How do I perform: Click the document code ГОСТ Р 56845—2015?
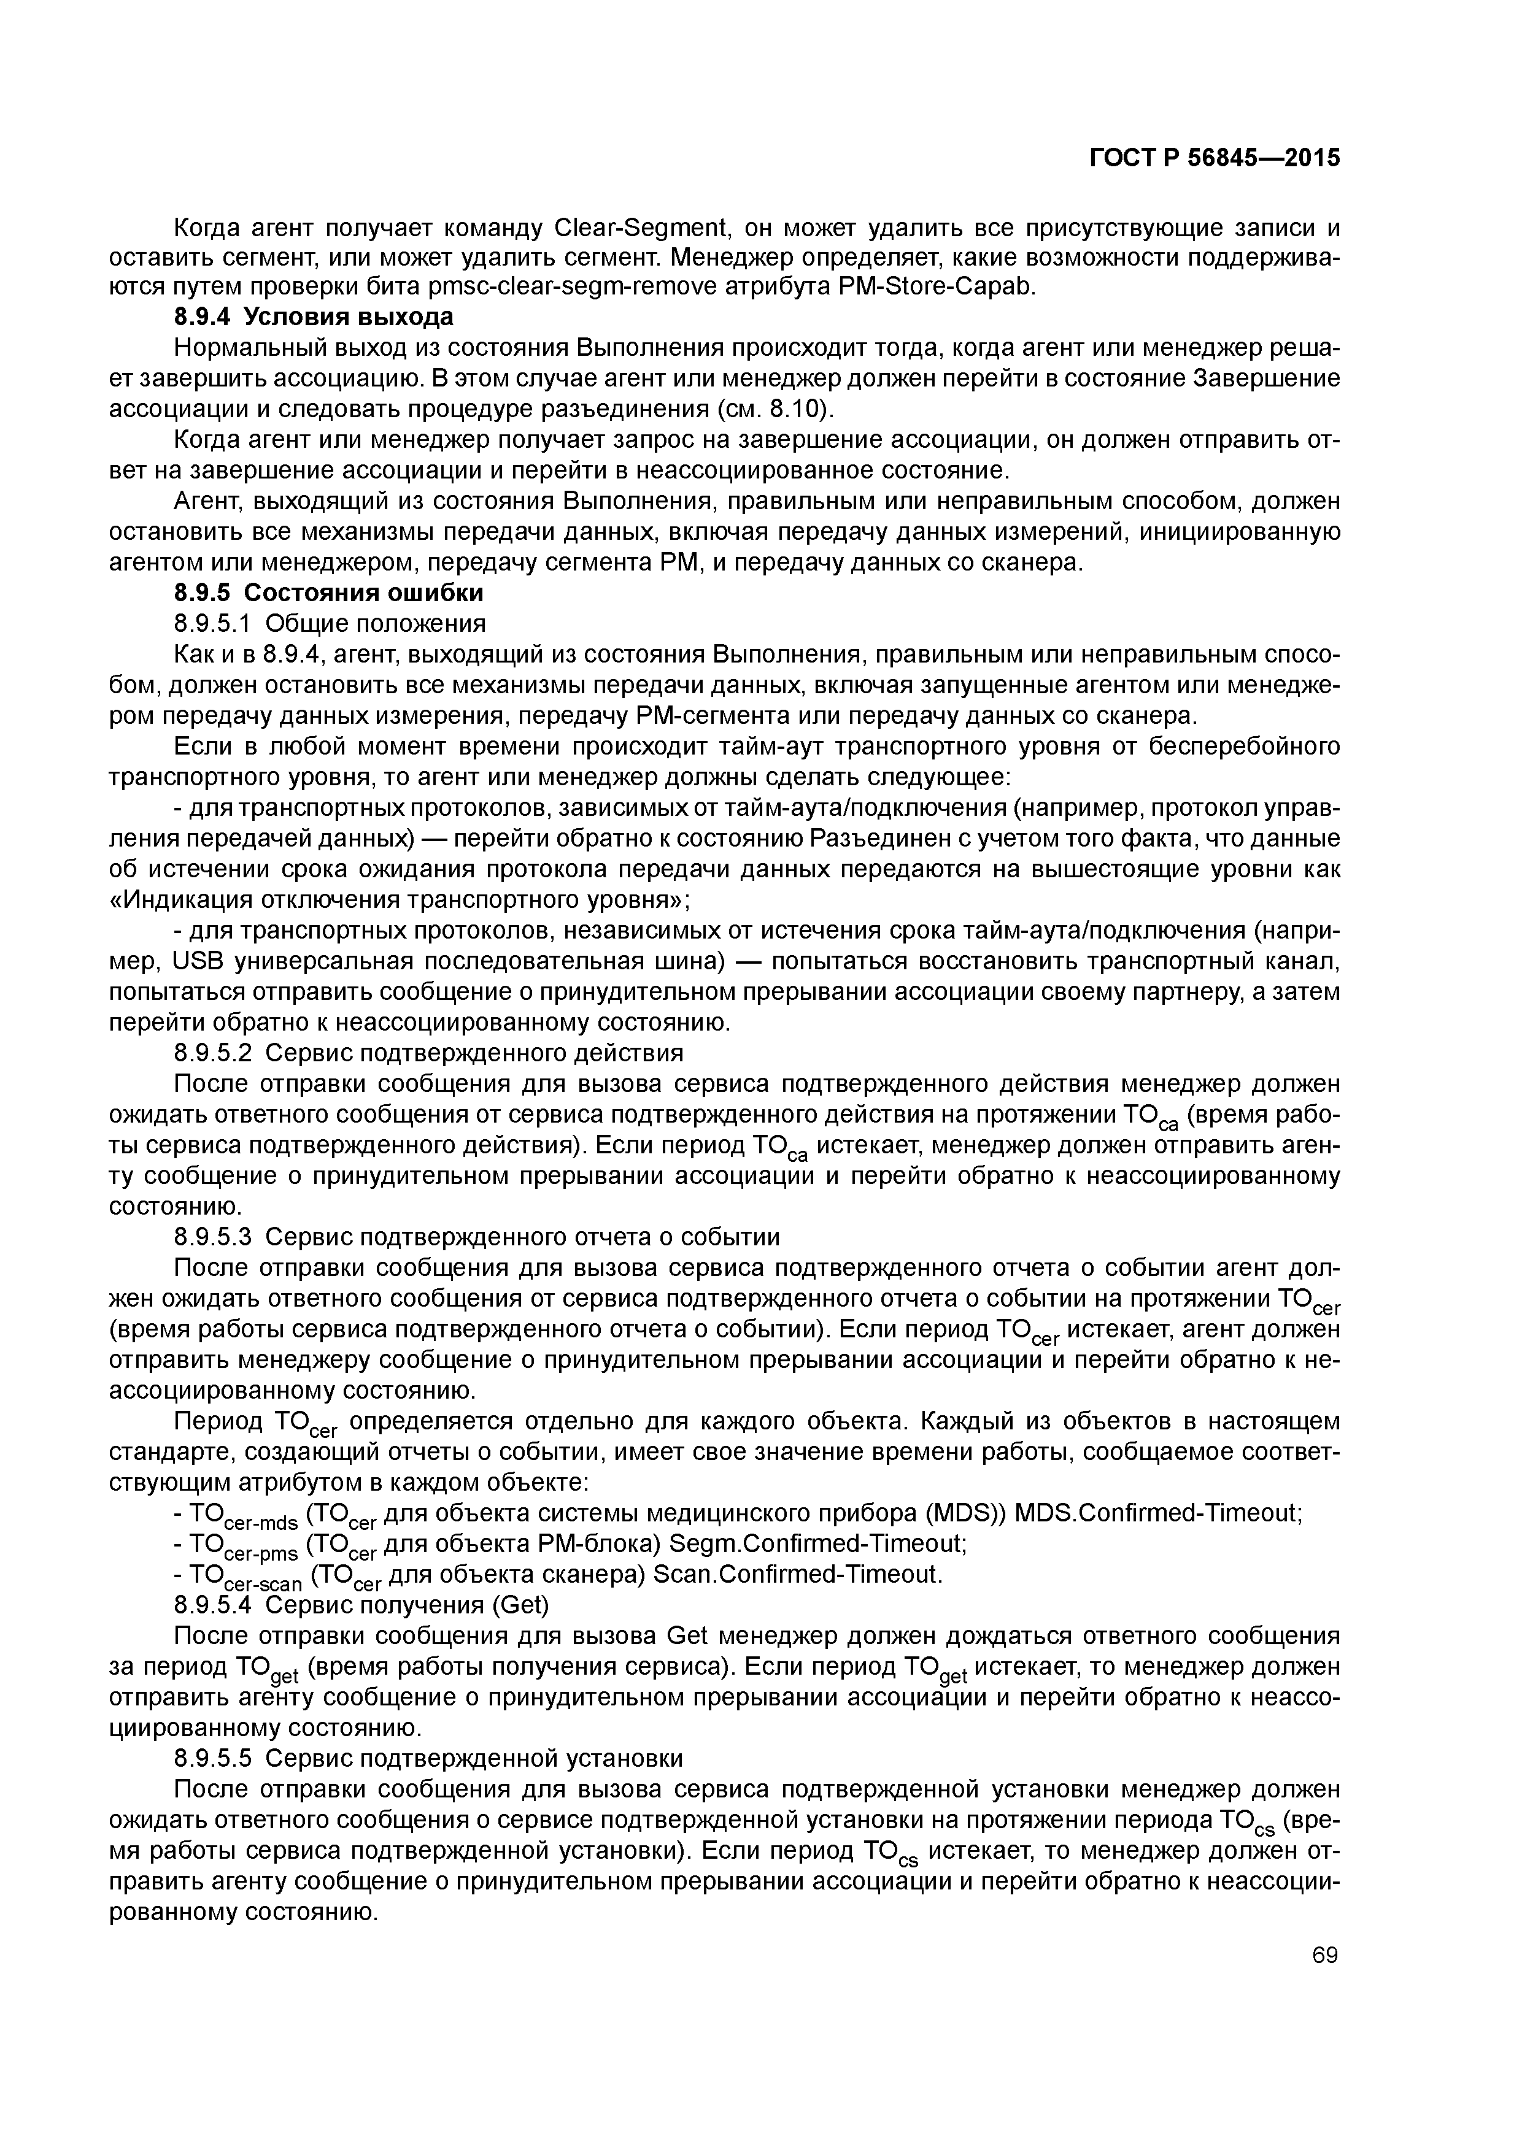[1215, 158]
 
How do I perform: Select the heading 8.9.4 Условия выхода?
[314, 317]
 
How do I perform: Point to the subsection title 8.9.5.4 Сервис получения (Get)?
[361, 1605]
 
